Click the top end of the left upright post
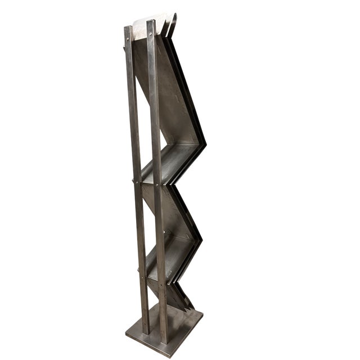click(x=128, y=28)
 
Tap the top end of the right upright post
click(x=151, y=22)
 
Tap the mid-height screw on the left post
click(x=134, y=181)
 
